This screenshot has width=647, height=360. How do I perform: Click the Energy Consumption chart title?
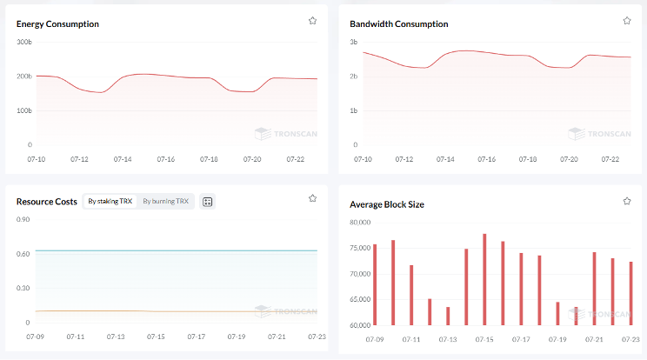tap(57, 24)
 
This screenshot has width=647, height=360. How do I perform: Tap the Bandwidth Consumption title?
tap(399, 24)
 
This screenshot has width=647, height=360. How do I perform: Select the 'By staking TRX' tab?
tap(110, 201)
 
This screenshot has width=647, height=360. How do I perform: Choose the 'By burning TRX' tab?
tap(165, 201)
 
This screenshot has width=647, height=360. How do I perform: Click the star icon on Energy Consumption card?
tap(312, 20)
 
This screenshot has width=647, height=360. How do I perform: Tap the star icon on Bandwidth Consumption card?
tap(627, 20)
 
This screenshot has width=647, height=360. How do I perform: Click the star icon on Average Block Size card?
tap(627, 201)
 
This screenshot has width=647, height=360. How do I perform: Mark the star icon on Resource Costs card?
tap(312, 198)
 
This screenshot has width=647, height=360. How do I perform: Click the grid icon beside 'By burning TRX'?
tap(207, 202)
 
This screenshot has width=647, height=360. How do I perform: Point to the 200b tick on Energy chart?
tap(24, 77)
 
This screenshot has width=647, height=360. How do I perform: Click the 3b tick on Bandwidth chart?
tap(354, 42)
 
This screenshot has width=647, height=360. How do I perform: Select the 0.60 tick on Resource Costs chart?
tap(23, 254)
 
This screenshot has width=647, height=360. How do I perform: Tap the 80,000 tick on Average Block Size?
tap(360, 223)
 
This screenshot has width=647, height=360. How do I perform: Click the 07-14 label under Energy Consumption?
tap(123, 160)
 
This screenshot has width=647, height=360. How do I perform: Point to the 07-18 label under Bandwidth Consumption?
tap(528, 160)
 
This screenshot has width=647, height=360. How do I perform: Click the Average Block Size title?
tap(387, 205)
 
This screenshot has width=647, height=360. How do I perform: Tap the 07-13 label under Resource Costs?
tap(116, 337)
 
